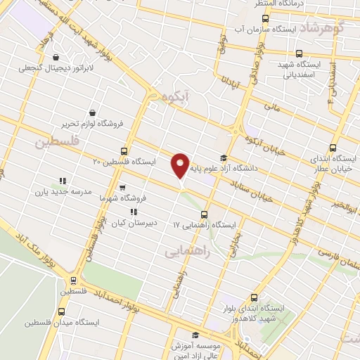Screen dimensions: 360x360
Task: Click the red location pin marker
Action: point(180,165)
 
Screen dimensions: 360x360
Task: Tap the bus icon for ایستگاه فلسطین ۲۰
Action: point(124,150)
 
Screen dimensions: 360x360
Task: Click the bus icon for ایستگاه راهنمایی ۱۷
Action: point(205,214)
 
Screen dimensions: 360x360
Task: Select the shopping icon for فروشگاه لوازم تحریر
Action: point(93,112)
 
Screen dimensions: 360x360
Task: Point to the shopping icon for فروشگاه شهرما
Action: point(122,188)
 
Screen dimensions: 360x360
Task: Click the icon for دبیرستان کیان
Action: point(134,211)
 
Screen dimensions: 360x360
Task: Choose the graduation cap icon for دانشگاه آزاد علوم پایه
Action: point(224,158)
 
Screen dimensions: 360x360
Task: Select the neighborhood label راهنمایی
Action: point(184,250)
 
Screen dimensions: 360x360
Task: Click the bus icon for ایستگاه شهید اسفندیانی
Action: point(300,53)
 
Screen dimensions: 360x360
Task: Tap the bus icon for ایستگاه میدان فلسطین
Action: point(61,311)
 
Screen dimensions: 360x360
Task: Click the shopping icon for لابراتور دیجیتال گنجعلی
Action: point(56,58)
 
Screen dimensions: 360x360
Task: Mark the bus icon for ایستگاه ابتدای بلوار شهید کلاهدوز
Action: point(255,297)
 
